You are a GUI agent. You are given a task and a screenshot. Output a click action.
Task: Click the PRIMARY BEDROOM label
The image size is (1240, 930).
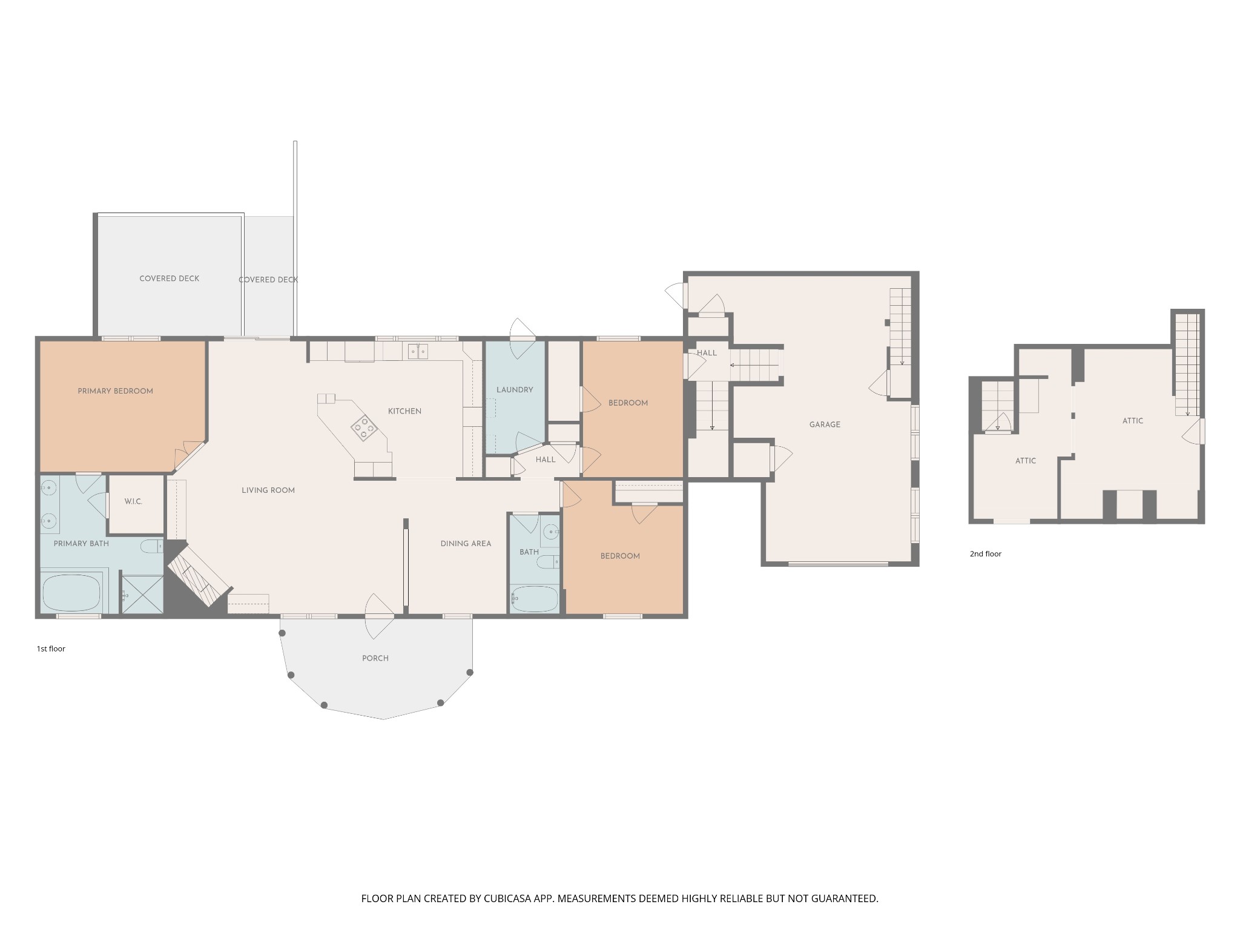[x=115, y=391]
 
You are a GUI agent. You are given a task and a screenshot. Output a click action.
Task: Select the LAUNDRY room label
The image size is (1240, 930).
[x=515, y=390]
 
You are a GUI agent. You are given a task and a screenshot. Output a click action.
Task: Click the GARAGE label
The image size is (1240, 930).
[x=825, y=424]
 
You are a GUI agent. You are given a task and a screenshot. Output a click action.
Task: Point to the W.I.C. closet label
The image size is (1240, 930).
[x=133, y=501]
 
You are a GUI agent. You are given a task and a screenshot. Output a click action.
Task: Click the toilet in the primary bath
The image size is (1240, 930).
[x=152, y=546]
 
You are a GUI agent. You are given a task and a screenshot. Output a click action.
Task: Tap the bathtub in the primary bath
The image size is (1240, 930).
[x=72, y=593]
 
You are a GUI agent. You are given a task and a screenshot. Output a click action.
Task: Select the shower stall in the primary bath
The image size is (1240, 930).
[x=143, y=595]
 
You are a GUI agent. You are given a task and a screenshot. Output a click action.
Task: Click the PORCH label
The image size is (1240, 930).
[x=375, y=658]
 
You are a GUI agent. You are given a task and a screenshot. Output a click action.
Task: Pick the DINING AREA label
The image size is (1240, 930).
[x=466, y=544]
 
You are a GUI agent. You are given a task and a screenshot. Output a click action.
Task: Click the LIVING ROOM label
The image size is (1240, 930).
[x=268, y=490]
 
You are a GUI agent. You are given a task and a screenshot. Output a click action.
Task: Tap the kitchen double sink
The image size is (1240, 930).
[x=418, y=351]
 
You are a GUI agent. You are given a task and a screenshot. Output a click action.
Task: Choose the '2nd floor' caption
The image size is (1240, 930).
[x=986, y=554]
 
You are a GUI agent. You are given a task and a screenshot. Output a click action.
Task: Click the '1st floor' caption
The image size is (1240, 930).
[x=51, y=649]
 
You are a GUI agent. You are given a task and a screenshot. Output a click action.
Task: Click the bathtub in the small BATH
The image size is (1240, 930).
[x=535, y=599]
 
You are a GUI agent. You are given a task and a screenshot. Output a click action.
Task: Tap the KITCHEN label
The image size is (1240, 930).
[x=404, y=411]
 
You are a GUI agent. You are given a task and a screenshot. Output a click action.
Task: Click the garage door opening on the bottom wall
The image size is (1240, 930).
[x=838, y=564]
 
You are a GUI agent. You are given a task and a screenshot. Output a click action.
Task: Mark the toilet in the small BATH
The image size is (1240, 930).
[x=548, y=562]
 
